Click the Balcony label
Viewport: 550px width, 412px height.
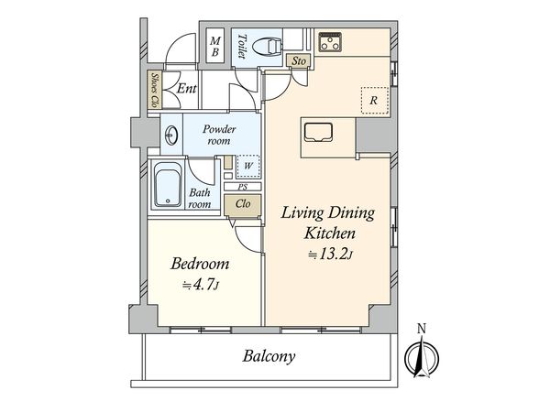click(x=269, y=357)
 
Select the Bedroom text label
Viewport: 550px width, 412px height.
click(x=200, y=264)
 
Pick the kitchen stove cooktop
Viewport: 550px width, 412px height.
click(x=330, y=42)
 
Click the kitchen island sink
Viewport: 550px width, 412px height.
click(x=317, y=133)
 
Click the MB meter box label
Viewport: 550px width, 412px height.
click(x=215, y=46)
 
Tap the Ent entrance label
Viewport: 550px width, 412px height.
click(x=186, y=89)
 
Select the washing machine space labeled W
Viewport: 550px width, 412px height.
click(x=248, y=167)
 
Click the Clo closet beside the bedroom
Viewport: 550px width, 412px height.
click(x=242, y=205)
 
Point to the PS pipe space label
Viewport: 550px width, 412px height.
click(x=242, y=187)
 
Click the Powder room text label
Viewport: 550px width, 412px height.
click(x=219, y=136)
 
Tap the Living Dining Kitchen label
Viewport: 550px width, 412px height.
click(x=327, y=222)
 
